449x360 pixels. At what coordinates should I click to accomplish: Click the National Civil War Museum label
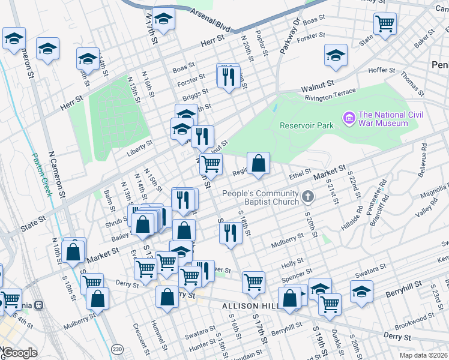(383, 119)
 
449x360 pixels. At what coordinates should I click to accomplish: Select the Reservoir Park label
(306, 125)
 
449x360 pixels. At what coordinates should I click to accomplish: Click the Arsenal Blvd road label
(210, 20)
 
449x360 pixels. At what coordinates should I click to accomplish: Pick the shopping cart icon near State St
(385, 24)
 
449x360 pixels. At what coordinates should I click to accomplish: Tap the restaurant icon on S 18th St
(230, 233)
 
